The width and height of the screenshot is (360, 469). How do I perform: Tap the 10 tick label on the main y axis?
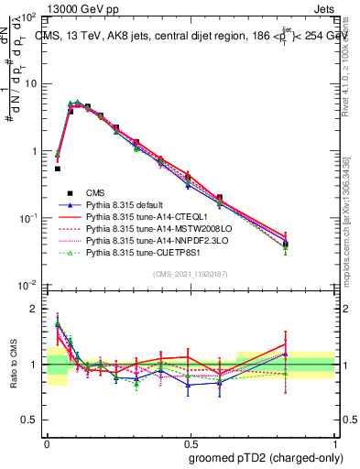31,84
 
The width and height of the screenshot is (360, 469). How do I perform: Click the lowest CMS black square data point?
58,169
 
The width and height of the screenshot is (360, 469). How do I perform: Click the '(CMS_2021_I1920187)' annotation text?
191,274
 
